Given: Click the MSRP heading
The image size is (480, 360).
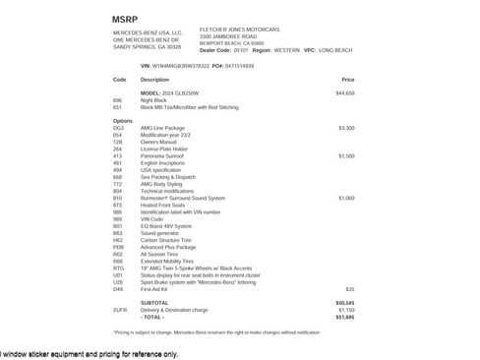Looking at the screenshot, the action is [x=127, y=19].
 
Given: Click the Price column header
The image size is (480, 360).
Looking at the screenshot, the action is [x=347, y=79].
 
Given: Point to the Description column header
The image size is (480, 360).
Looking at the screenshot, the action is [x=154, y=79].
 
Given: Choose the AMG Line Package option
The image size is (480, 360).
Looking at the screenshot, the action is [x=163, y=128].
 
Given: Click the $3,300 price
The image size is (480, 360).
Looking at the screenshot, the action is [x=345, y=128].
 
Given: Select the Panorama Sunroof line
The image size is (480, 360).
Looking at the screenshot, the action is [x=164, y=155].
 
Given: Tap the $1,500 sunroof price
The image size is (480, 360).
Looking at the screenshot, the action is [x=345, y=155].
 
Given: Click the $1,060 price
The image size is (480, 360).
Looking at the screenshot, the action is [x=345, y=198].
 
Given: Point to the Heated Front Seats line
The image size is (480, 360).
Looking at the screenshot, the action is [x=164, y=205].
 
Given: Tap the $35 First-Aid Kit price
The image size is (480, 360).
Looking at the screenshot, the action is [x=349, y=288].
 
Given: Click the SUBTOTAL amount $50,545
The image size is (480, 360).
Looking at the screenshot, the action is [x=344, y=302].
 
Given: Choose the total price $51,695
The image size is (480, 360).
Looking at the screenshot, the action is [x=344, y=316].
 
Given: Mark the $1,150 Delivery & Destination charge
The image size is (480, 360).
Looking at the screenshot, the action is [x=345, y=309].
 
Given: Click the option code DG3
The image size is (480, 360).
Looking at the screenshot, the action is [x=118, y=128].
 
